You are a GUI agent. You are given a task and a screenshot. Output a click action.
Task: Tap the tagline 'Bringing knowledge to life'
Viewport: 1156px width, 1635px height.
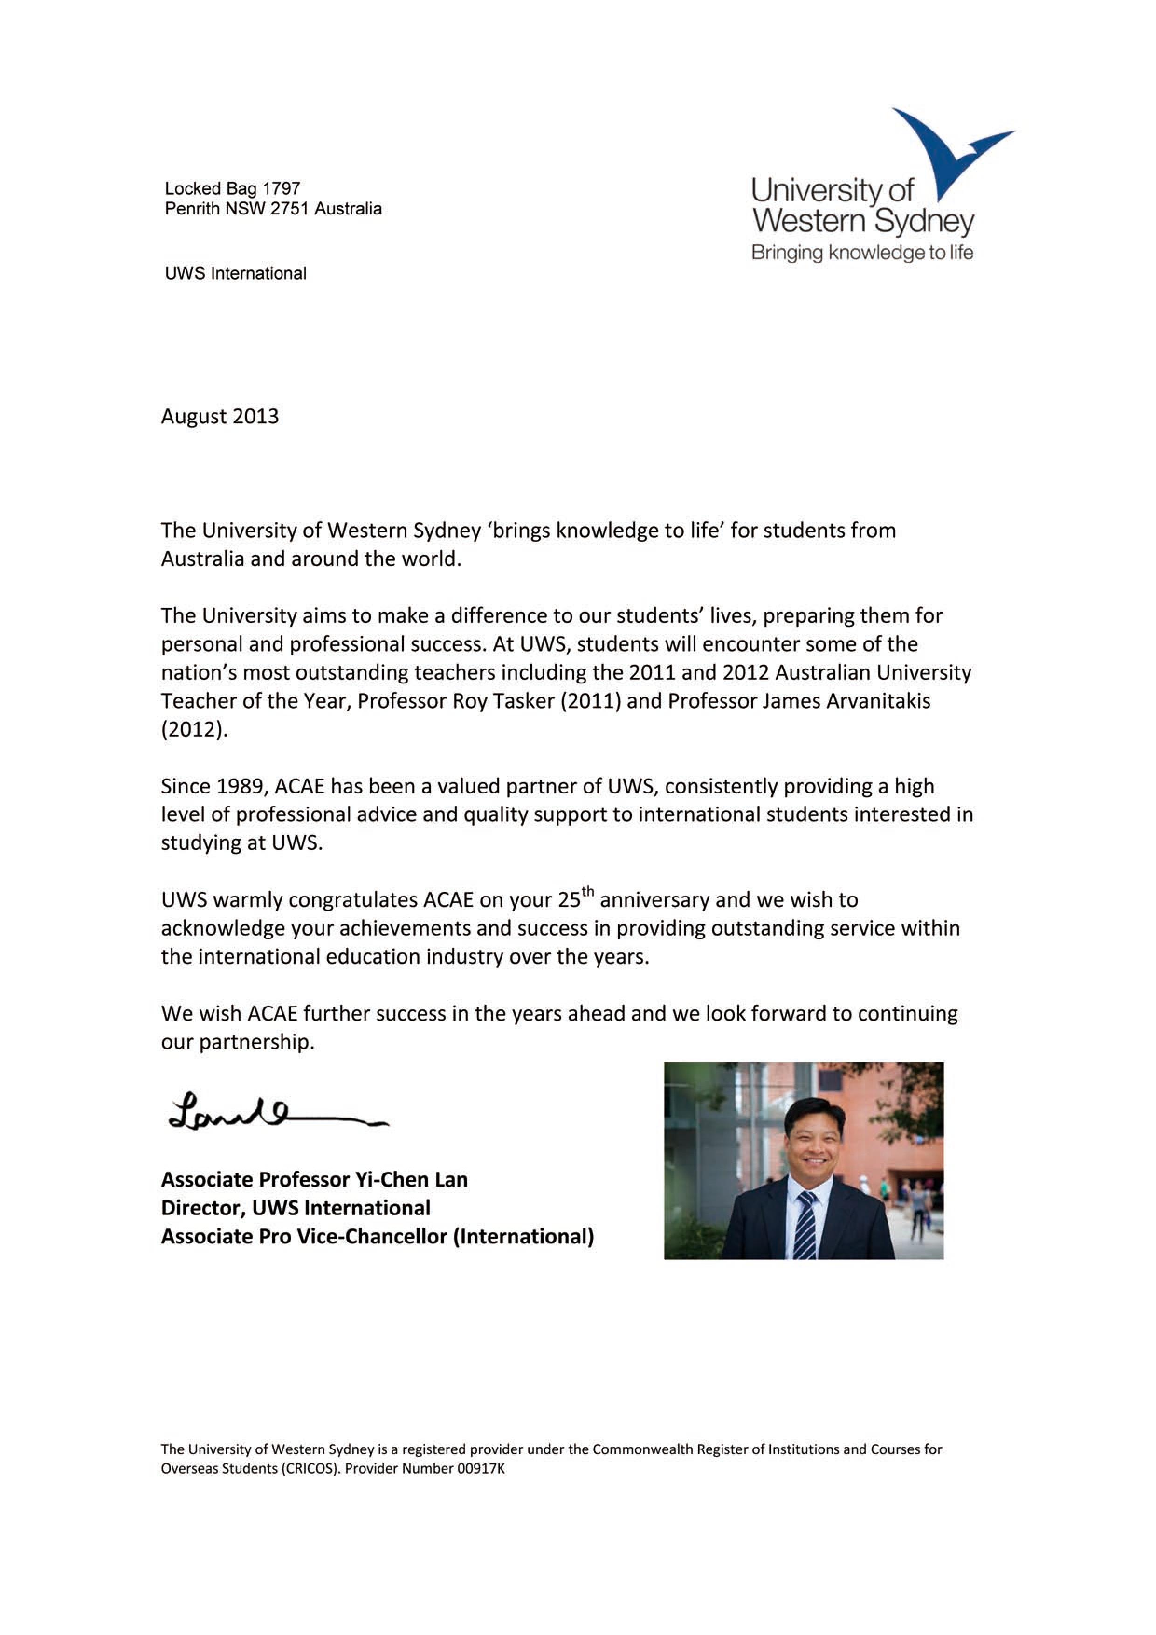862,253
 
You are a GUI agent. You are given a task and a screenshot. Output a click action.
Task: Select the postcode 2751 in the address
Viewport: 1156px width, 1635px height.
290,209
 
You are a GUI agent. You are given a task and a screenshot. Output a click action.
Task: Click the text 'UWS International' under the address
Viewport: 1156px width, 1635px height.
235,274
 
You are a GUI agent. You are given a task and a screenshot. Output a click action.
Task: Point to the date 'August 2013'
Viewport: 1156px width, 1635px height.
220,417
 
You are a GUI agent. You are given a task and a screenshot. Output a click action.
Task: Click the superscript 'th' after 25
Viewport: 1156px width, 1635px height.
587,891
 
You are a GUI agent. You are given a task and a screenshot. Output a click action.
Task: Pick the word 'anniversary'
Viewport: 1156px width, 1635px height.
655,900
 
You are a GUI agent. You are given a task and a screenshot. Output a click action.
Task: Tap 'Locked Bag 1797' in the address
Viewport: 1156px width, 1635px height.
233,189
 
